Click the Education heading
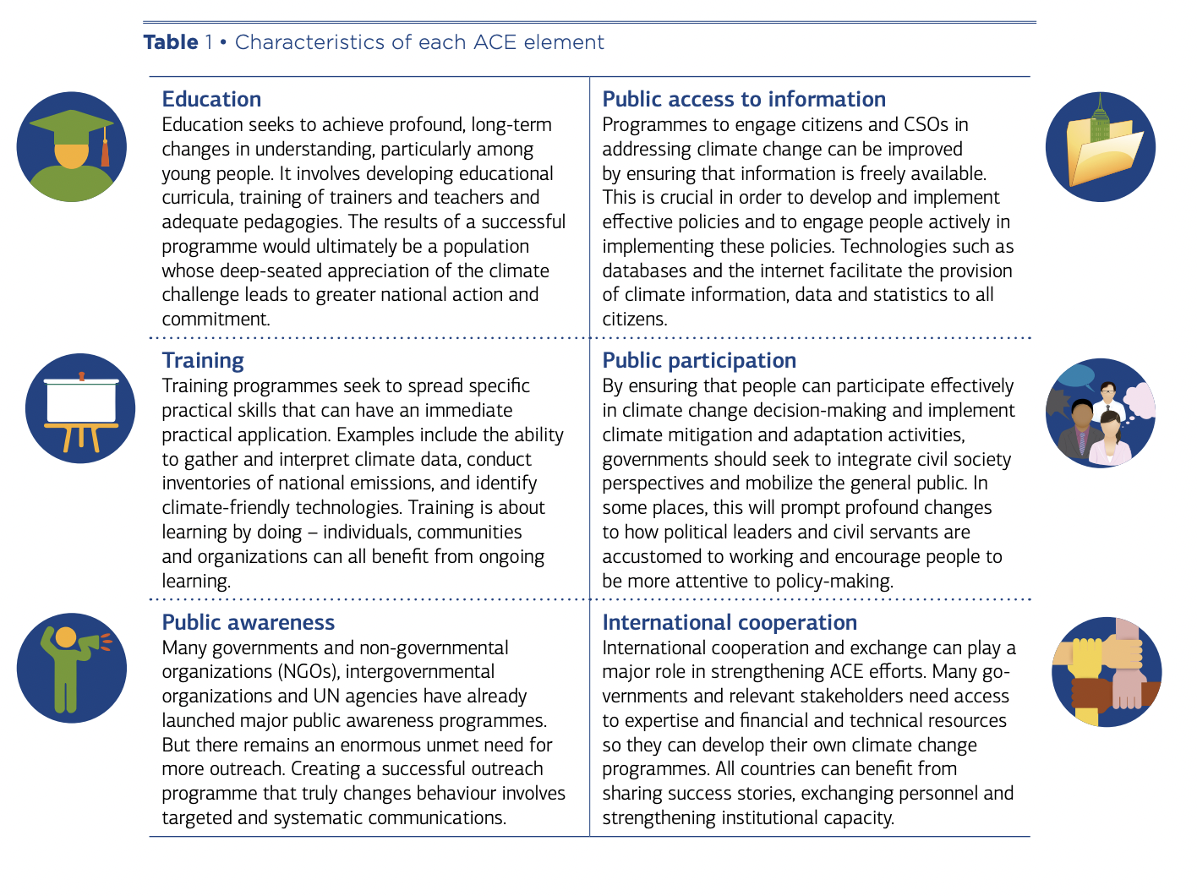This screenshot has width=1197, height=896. (211, 99)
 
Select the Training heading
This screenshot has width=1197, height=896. (203, 361)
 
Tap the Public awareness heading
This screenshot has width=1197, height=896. (248, 623)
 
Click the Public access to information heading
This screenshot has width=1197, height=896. (744, 99)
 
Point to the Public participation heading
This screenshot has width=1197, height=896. (699, 361)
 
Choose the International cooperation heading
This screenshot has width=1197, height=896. (730, 623)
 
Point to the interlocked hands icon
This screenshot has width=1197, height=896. (1106, 673)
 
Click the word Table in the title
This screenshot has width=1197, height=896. (171, 42)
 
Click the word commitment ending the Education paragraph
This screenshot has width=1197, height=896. (215, 320)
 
